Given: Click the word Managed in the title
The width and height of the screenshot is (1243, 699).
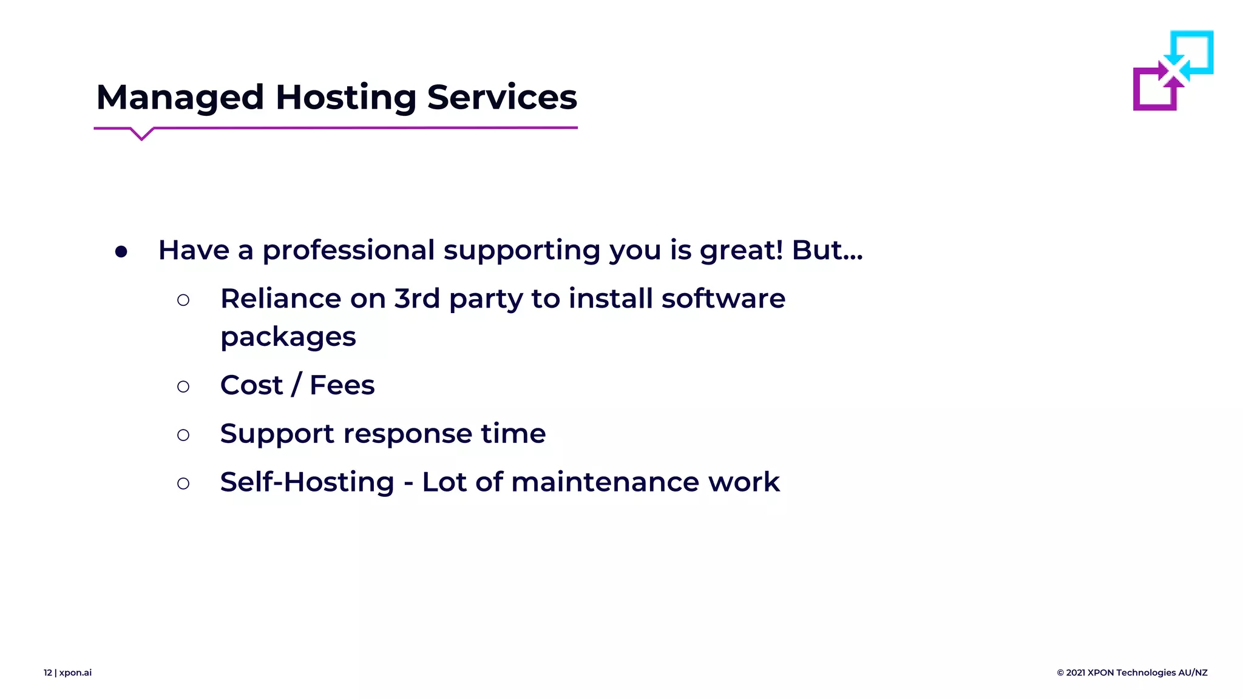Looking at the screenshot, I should coord(180,98).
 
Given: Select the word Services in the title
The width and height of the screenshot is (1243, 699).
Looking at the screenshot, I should coord(502,98).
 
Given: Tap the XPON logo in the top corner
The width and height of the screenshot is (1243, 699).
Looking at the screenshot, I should coord(1173,70).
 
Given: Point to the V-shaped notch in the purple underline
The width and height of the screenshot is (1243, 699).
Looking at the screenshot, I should coord(142,135).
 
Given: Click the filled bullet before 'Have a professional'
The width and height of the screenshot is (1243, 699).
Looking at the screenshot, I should coord(121,251).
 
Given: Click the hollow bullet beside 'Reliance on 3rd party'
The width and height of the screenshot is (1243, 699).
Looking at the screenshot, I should coord(183,300).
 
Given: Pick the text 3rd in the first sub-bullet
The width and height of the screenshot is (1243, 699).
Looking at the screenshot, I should coord(417,299).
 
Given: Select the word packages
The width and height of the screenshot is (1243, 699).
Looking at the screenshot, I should coord(288,337).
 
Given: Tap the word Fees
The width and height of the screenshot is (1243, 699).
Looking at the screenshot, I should coord(342,385).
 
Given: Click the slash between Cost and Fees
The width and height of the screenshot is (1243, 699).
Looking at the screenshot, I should coord(296,385).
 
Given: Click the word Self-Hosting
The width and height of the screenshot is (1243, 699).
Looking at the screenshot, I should coord(307,482).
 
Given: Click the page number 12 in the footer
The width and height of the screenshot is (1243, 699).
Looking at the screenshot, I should coord(48,672).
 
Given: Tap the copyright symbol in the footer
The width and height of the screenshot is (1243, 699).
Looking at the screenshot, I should coord(1060,672).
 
